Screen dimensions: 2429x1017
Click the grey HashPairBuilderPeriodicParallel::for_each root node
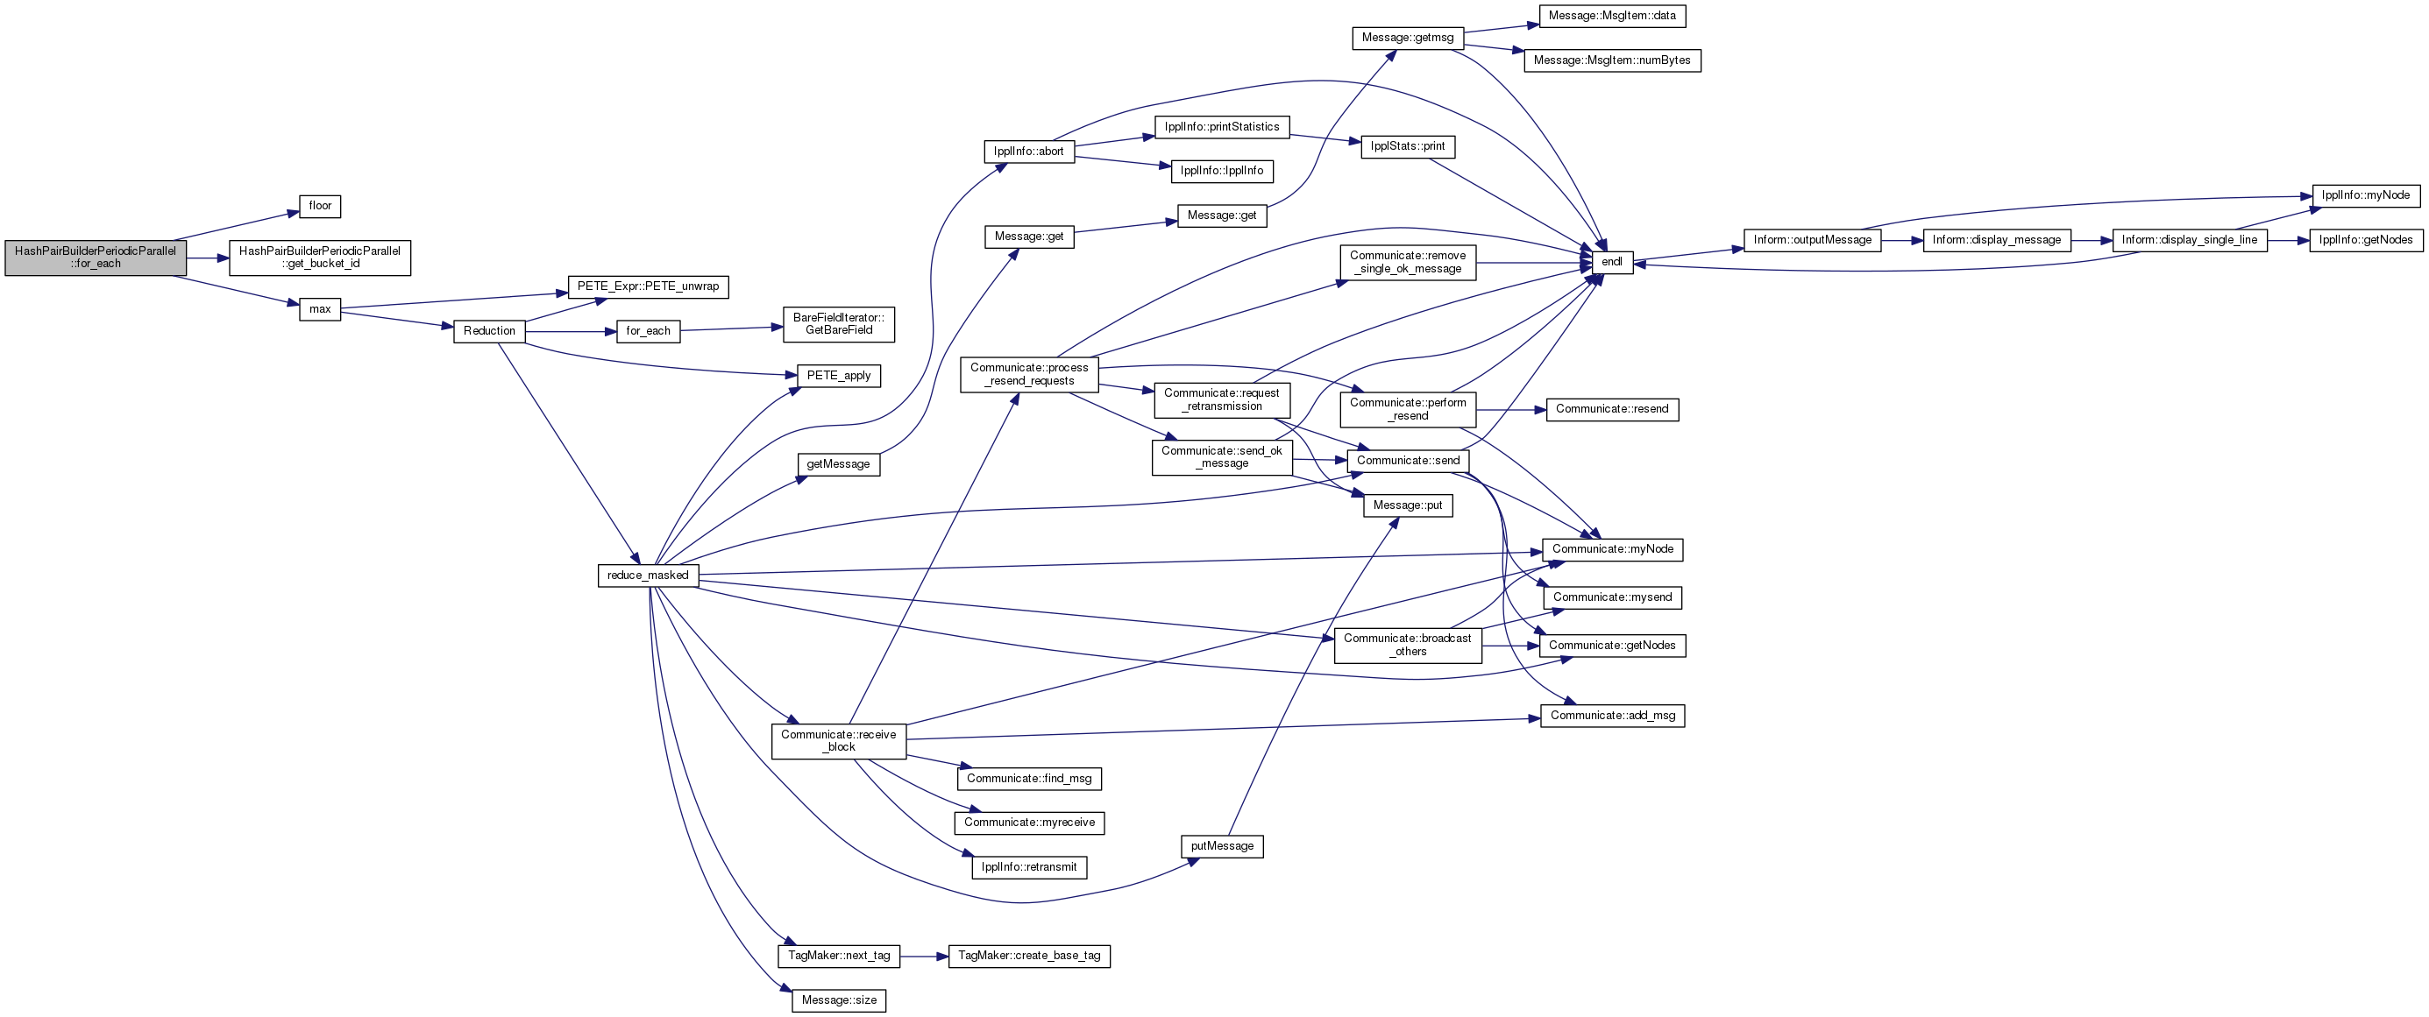(96, 258)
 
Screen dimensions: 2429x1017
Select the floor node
(320, 207)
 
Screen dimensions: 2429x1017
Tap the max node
(320, 309)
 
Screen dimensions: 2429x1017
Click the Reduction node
(489, 331)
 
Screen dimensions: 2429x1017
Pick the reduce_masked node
(648, 575)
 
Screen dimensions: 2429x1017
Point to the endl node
(1612, 262)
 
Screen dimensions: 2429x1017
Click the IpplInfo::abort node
(1029, 152)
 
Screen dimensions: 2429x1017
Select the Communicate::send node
(1408, 461)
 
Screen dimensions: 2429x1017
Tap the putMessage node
(1222, 846)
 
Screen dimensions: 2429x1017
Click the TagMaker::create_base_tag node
(1029, 956)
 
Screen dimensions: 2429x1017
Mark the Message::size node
(838, 1000)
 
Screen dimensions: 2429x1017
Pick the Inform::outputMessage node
(1812, 240)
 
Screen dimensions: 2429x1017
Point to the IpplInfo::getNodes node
(2366, 240)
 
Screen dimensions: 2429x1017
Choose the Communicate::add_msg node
(1612, 717)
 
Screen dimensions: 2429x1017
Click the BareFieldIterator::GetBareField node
(838, 324)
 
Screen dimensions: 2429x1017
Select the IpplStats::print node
(1408, 147)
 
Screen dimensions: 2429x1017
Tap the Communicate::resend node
(1612, 409)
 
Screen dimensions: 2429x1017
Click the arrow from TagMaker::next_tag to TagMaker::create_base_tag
(924, 956)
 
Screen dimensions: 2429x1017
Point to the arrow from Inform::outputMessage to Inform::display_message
(1902, 240)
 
